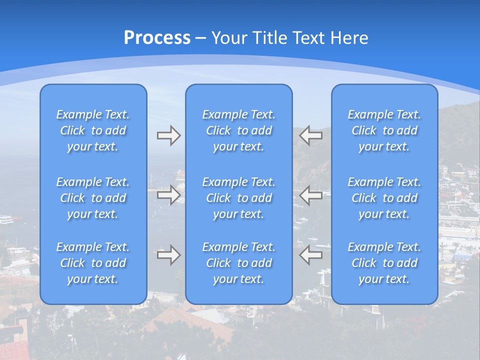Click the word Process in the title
pyautogui.click(x=157, y=38)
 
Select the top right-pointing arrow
pyautogui.click(x=168, y=135)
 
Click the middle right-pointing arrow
pyautogui.click(x=168, y=195)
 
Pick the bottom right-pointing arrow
pyautogui.click(x=168, y=255)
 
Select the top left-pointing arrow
pyautogui.click(x=311, y=135)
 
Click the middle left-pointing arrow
pyautogui.click(x=311, y=195)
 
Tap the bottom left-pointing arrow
pyautogui.click(x=311, y=255)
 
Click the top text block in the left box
pyautogui.click(x=93, y=130)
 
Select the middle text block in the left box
pyautogui.click(x=93, y=198)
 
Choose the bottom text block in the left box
pyautogui.click(x=93, y=263)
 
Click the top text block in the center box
pyautogui.click(x=239, y=130)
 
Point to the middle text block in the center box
pyautogui.click(x=239, y=198)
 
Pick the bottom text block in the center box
pyautogui.click(x=239, y=263)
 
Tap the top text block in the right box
pyautogui.click(x=384, y=130)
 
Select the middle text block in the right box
pyautogui.click(x=384, y=198)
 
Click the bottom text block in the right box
pyautogui.click(x=384, y=263)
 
